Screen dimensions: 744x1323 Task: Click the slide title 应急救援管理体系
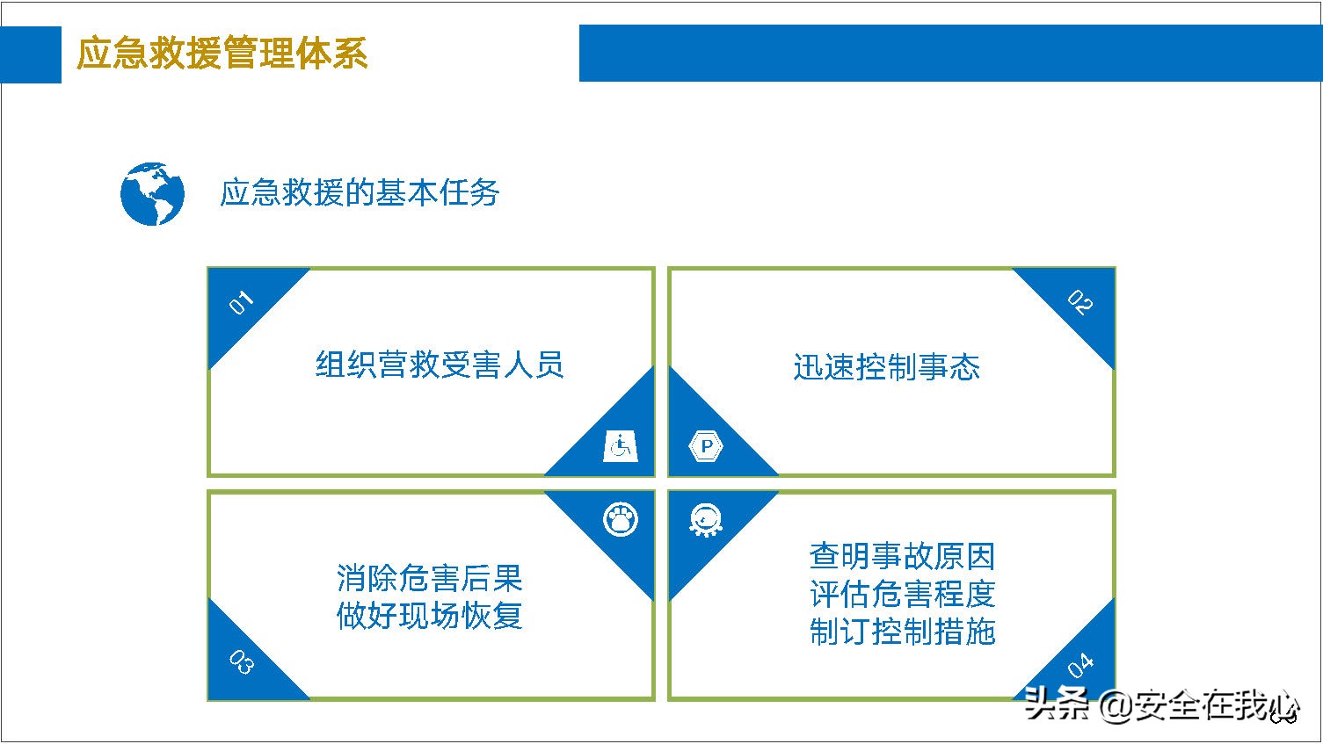point(222,54)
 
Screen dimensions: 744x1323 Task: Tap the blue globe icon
point(152,193)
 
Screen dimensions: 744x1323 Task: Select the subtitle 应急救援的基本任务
point(360,192)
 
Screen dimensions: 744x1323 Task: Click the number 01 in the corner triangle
point(241,302)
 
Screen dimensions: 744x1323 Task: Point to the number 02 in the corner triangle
point(1080,302)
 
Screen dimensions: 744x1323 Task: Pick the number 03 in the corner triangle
point(241,661)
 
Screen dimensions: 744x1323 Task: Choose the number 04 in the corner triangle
point(1080,666)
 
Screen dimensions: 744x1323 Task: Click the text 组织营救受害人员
point(440,365)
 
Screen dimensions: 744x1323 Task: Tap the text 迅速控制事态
point(886,367)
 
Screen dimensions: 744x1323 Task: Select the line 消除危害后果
point(429,578)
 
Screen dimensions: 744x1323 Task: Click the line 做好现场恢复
point(429,616)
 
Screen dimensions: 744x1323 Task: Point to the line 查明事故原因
point(902,556)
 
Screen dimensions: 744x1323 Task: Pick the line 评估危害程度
point(902,594)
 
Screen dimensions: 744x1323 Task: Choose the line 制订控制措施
point(902,632)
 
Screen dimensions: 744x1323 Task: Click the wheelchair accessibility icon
point(620,446)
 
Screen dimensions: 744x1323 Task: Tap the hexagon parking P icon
point(706,446)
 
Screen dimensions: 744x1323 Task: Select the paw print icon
point(621,519)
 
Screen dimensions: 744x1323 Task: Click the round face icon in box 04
point(706,520)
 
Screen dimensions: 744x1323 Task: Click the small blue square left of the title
point(31,54)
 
